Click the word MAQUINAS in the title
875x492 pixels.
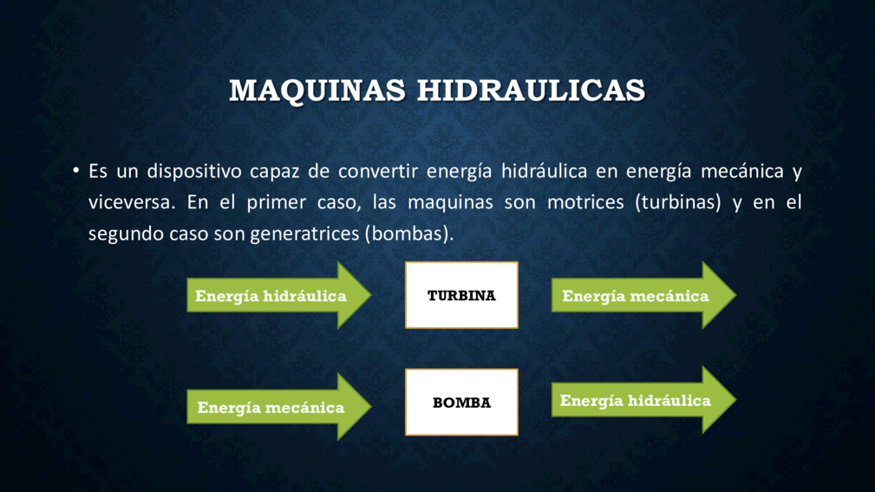pos(317,91)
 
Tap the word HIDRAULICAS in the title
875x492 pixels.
pos(532,90)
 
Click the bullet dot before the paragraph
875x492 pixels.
pos(76,170)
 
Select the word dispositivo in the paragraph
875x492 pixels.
pos(194,171)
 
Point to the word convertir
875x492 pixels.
pos(378,171)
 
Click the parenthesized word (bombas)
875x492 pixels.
pos(409,233)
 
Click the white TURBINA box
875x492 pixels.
pos(461,295)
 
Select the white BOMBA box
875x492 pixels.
pos(461,402)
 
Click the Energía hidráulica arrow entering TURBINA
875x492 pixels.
pos(279,295)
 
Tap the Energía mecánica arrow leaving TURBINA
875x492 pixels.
pos(644,295)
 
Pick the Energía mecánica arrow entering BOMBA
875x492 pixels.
pos(279,407)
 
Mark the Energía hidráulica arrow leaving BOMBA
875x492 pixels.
pos(644,400)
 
